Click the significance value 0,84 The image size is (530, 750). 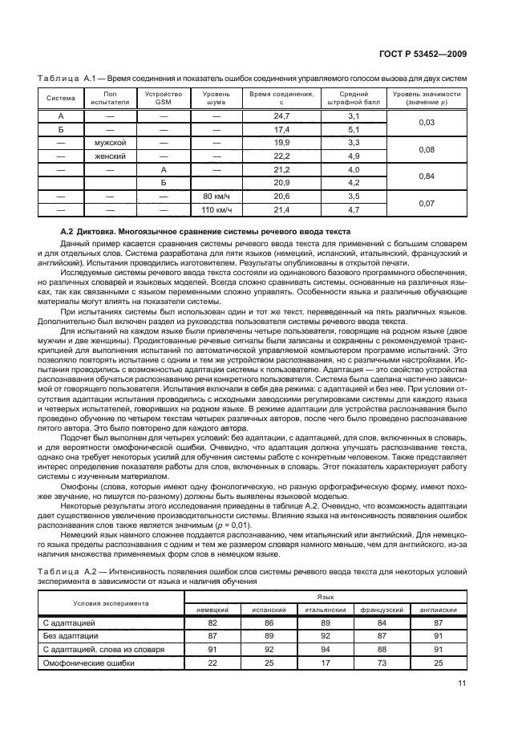pos(427,176)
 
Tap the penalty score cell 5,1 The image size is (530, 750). pos(354,129)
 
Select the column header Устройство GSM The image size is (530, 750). pos(163,98)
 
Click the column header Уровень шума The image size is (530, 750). pos(216,98)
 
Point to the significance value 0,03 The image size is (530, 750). pos(427,123)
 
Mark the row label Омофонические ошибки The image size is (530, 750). pos(88,663)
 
